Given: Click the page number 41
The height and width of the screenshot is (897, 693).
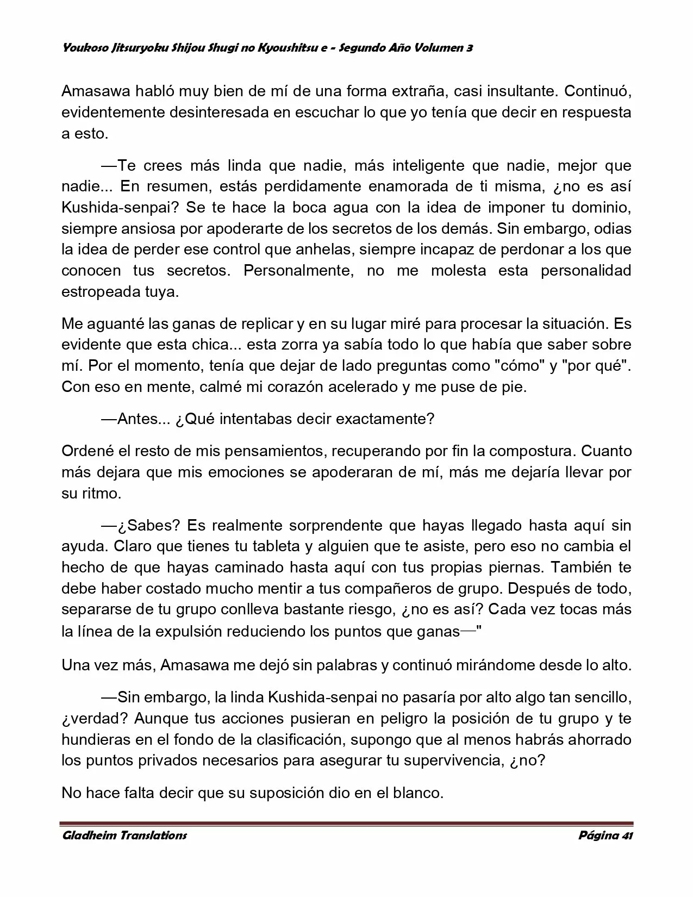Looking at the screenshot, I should (627, 835).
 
